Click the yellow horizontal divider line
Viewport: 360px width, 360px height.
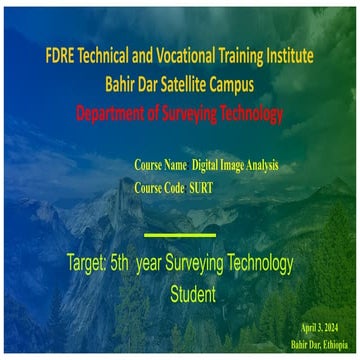coord(180,235)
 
